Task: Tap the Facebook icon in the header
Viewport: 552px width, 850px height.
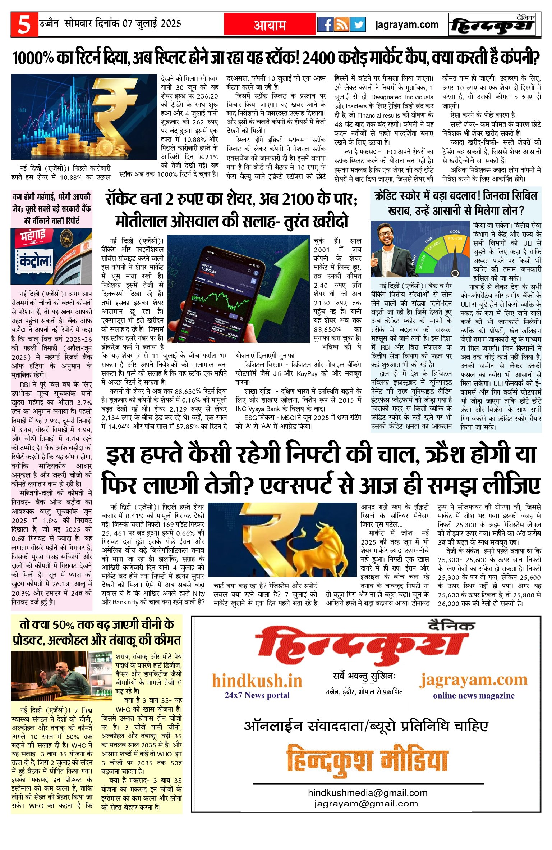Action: (326, 25)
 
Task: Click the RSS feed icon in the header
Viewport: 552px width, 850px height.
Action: (341, 25)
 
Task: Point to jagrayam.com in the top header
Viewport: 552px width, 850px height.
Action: (407, 25)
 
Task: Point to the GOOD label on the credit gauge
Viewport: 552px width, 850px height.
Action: (455, 232)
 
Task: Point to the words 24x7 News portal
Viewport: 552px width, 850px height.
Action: (257, 695)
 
